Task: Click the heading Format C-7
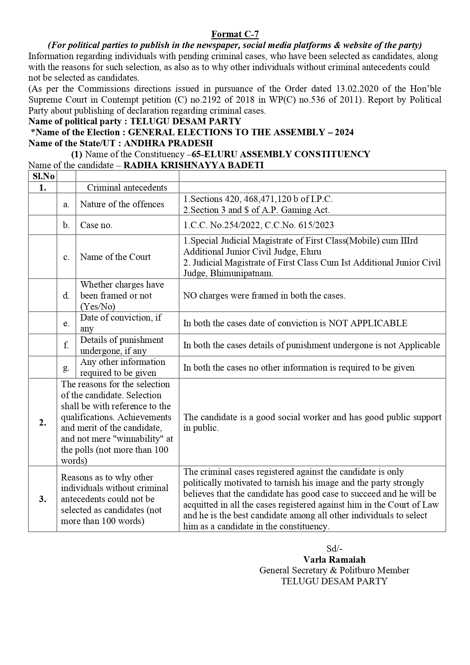235,34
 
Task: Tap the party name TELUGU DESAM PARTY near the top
186,121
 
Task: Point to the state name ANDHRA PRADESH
168,143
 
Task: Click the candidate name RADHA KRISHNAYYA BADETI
194,165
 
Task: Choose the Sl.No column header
43,176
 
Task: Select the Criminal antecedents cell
127,188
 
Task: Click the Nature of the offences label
122,204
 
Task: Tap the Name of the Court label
115,257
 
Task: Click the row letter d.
66,296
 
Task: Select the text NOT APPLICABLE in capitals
368,323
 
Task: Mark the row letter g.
66,368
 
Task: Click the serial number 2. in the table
43,422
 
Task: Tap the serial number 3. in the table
43,499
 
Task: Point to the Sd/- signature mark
334,548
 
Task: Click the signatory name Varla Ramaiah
334,559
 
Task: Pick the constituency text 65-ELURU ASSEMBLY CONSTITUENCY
281,154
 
